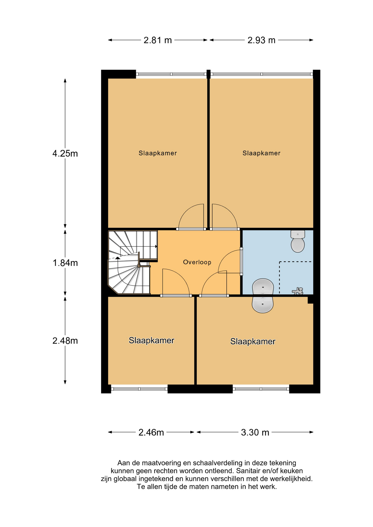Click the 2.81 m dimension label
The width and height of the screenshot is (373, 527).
158,40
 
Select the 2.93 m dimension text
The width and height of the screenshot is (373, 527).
261,40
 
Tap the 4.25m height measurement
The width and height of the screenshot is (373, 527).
65,153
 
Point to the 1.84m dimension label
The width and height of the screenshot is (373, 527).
65,263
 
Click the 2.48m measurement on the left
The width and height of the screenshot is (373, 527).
65,341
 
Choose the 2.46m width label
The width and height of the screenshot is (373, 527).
151,432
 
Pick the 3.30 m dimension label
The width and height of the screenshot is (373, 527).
255,432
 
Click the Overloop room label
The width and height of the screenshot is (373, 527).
197,262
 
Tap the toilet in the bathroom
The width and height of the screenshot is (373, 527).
298,241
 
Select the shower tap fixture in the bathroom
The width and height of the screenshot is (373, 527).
298,291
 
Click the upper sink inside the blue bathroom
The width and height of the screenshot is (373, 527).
263,287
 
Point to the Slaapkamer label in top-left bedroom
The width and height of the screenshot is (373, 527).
158,153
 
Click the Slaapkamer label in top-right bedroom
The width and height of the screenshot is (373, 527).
261,153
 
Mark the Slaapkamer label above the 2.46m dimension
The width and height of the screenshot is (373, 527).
152,340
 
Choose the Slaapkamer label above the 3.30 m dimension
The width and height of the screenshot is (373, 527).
253,341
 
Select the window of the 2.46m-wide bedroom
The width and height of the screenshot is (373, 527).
139,389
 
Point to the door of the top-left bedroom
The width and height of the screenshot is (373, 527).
191,217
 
